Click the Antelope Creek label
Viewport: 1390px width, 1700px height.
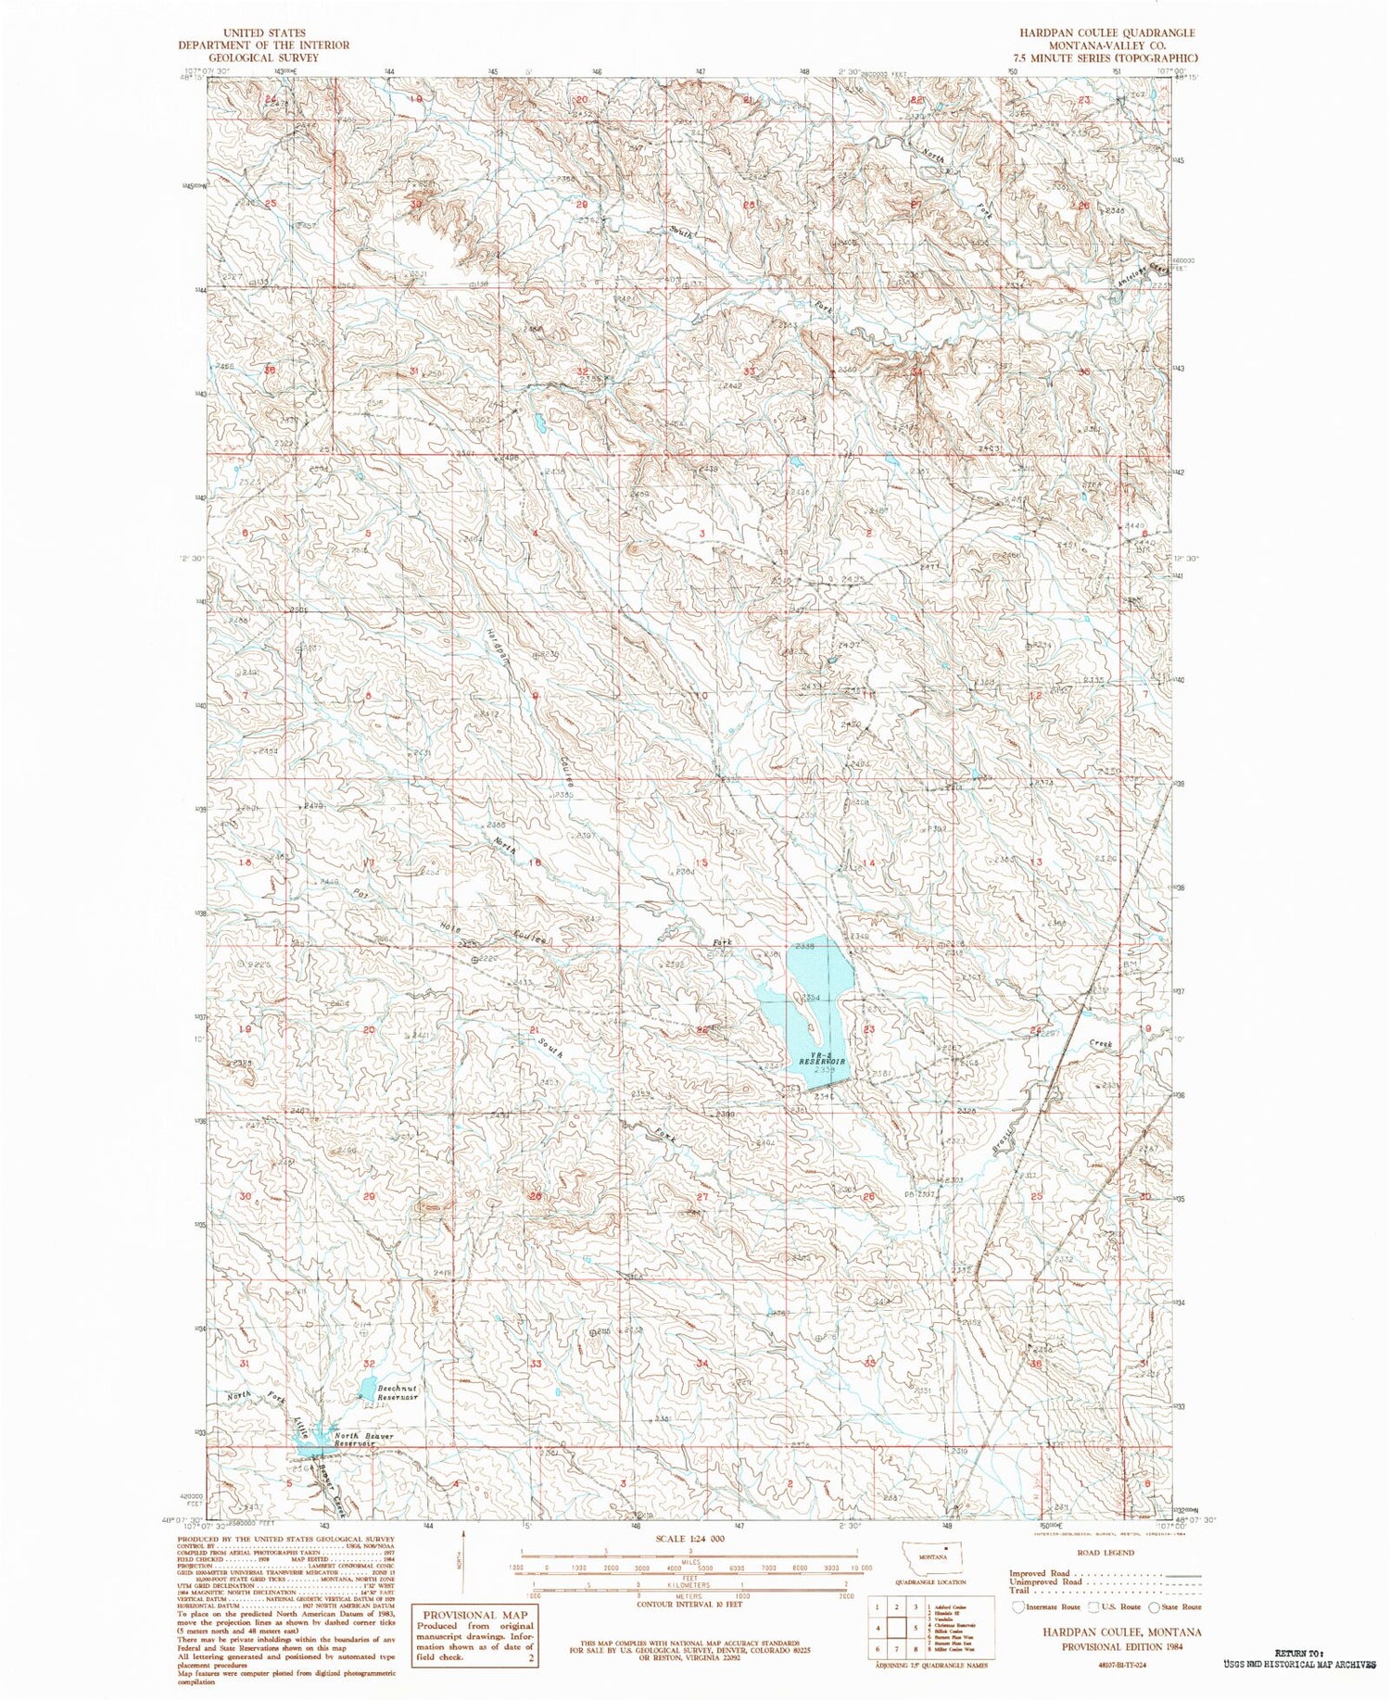[1147, 268]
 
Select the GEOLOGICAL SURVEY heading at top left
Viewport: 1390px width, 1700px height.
[264, 57]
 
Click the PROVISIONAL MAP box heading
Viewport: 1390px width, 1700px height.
[474, 1615]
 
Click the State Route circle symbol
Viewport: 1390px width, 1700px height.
[1155, 1606]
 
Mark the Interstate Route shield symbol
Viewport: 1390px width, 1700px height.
[1020, 1606]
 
